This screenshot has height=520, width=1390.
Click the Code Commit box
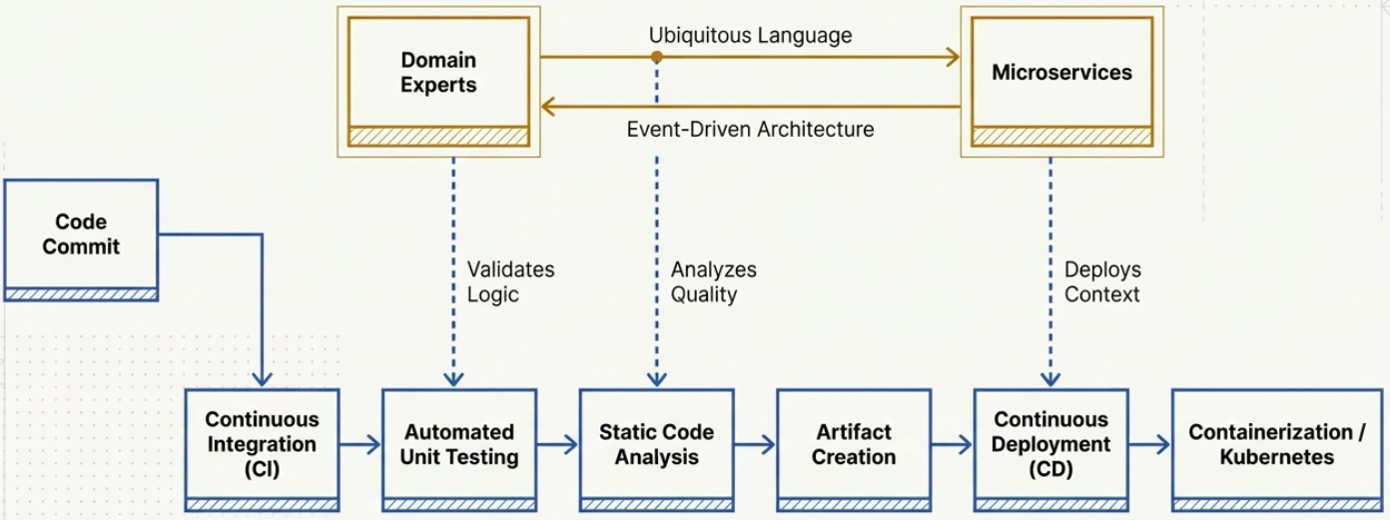pyautogui.click(x=81, y=236)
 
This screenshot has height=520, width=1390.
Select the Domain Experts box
pyautogui.click(x=438, y=73)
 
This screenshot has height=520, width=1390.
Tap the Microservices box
pyautogui.click(x=1061, y=73)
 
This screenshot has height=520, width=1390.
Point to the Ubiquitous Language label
pyautogui.click(x=750, y=36)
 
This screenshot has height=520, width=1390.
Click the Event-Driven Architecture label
pyautogui.click(x=750, y=129)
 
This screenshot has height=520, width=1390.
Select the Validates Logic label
pyautogui.click(x=510, y=281)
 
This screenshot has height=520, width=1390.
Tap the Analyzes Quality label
pyautogui.click(x=713, y=281)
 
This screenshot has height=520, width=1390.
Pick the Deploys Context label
pyautogui.click(x=1102, y=281)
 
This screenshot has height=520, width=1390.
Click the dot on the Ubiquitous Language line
pyautogui.click(x=656, y=58)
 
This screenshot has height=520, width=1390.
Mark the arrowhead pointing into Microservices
pyautogui.click(x=953, y=58)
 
